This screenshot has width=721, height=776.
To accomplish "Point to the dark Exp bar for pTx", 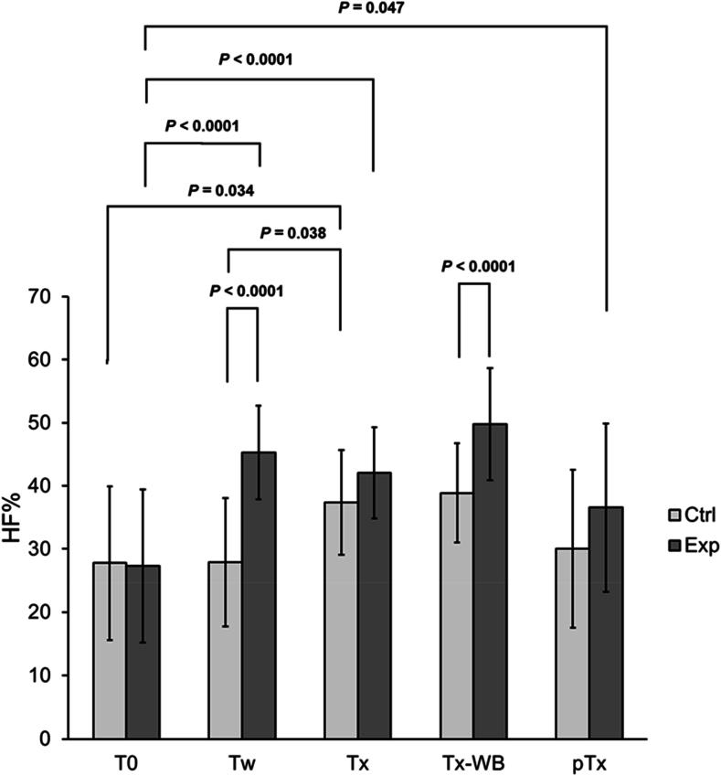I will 606,622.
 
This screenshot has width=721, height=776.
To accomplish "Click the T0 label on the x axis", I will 126,760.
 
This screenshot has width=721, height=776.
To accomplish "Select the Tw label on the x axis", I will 242,760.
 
